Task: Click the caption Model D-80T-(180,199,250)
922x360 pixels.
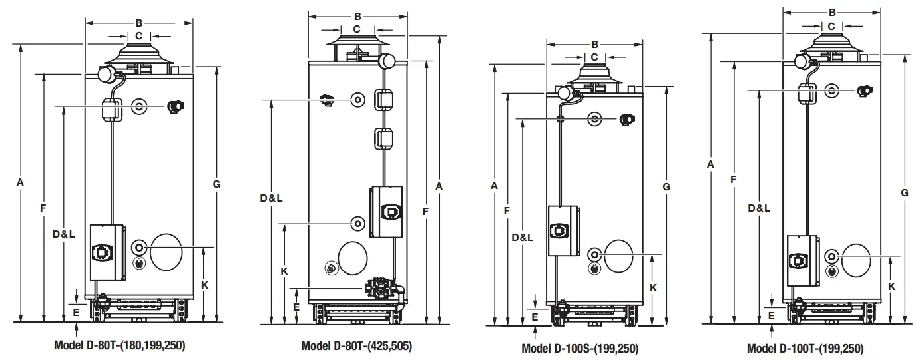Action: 119,346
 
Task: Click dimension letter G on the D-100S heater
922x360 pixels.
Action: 666,187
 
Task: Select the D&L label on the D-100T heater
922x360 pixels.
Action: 759,208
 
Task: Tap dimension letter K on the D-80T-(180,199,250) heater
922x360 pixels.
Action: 205,285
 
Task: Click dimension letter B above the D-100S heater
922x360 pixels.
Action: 594,45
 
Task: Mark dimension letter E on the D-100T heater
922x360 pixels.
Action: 772,316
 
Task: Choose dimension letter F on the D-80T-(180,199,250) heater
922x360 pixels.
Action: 43,208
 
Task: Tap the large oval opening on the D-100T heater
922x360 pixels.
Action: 856,260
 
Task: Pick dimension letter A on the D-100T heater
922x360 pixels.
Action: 711,164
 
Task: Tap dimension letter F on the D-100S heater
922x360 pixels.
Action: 507,211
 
